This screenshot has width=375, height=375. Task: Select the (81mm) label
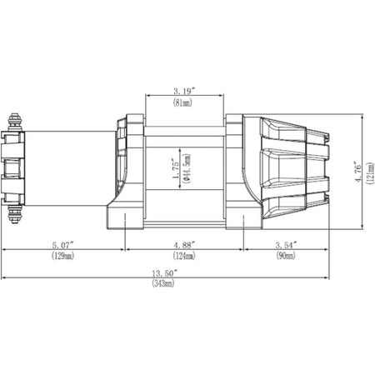pyautogui.click(x=184, y=104)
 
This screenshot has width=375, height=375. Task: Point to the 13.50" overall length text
pyautogui.click(x=162, y=272)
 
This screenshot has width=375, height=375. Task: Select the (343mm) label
pyautogui.click(x=162, y=284)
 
